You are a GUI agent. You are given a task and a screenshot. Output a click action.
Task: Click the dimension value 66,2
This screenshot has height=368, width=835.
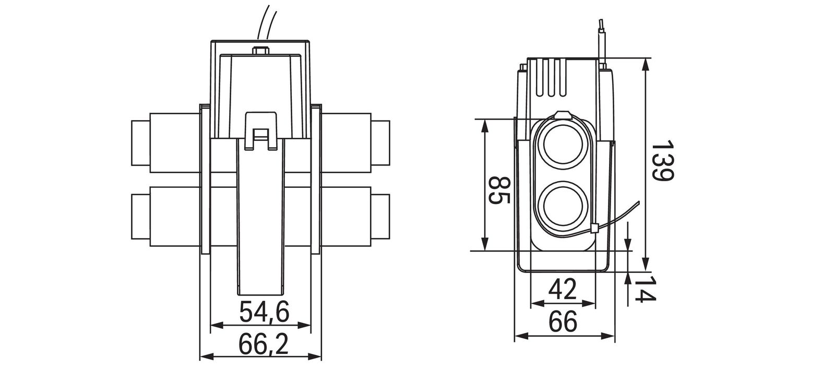264,344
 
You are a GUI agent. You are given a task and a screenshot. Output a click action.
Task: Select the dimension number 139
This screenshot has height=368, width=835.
663,161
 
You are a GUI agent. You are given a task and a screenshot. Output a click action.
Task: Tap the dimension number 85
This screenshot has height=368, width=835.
500,192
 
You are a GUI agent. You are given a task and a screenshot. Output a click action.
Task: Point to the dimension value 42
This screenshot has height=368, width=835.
562,289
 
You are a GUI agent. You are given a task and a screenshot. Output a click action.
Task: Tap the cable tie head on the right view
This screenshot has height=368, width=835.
594,228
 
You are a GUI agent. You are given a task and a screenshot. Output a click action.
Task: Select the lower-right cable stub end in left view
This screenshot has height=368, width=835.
381,216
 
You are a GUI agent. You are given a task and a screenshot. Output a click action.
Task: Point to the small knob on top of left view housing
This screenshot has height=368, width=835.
259,51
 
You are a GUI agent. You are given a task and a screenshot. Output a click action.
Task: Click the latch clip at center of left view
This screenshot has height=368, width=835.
260,130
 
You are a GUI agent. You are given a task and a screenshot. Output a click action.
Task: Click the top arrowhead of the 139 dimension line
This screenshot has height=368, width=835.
646,63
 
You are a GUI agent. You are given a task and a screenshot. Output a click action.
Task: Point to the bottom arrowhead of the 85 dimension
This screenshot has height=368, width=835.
485,245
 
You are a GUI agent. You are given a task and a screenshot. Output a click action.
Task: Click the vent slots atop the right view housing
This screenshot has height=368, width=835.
550,78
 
